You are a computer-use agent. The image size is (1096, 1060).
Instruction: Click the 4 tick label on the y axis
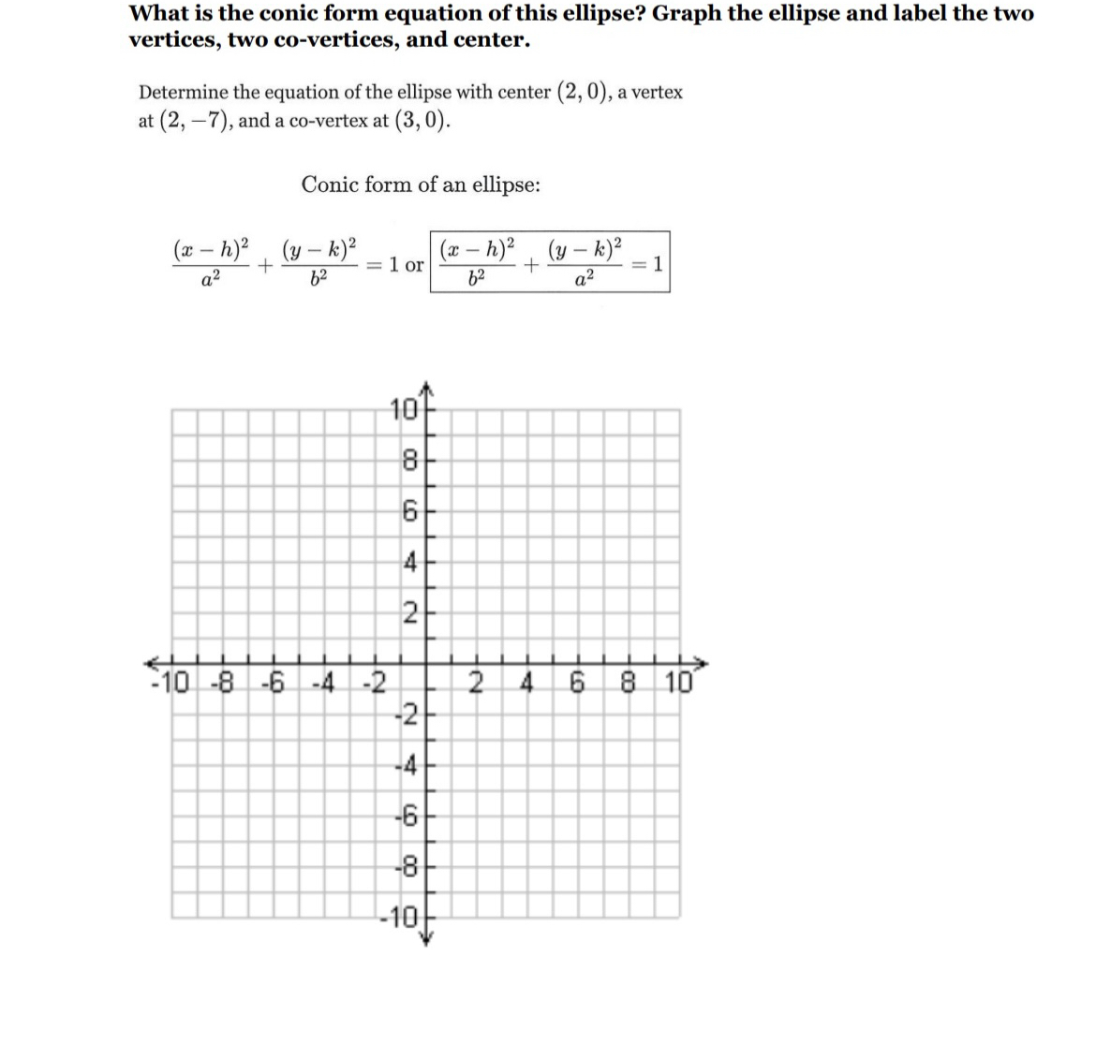pos(409,564)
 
